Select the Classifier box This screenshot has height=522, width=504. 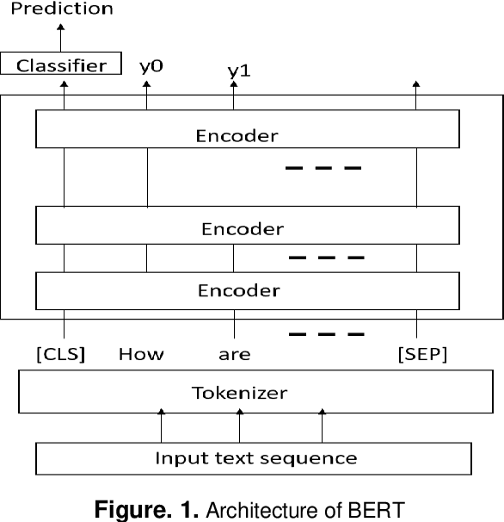tap(62, 65)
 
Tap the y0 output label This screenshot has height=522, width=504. tap(150, 65)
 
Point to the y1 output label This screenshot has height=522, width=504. tap(238, 72)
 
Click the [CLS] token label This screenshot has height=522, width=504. tap(59, 354)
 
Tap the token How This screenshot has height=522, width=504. tap(141, 354)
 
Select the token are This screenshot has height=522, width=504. tap(234, 354)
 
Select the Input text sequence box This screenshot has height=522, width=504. tap(255, 457)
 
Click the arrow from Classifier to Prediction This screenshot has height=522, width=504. tap(62, 39)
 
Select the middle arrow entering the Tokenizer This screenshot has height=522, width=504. tap(239, 426)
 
